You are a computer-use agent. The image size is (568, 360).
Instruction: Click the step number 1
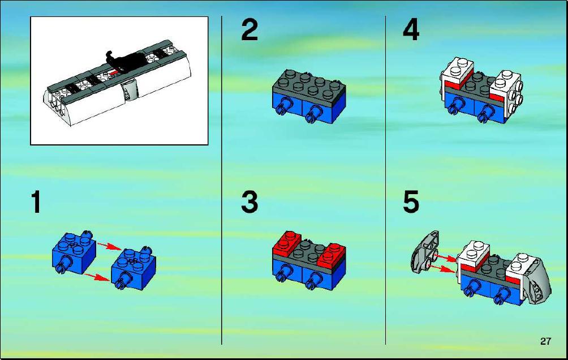pyautogui.click(x=36, y=202)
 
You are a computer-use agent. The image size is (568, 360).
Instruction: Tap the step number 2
pyautogui.click(x=249, y=30)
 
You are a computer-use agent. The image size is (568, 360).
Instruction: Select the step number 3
pyautogui.click(x=249, y=202)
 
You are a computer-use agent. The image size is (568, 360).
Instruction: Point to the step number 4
pyautogui.click(x=411, y=30)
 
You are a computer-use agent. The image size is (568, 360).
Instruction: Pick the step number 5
pyautogui.click(x=411, y=202)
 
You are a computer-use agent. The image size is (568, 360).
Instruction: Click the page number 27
pyautogui.click(x=545, y=341)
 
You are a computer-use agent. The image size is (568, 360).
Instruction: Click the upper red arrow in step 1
pyautogui.click(x=109, y=246)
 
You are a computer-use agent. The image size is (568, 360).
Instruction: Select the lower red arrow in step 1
pyautogui.click(x=97, y=277)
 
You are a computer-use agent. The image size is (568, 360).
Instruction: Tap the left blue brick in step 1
pyautogui.click(x=74, y=252)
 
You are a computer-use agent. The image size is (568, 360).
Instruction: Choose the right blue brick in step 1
pyautogui.click(x=134, y=268)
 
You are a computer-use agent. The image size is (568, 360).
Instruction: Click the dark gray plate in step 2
pyautogui.click(x=309, y=85)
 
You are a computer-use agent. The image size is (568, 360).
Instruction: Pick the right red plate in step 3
pyautogui.click(x=332, y=255)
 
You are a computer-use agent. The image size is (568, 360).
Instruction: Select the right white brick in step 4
pyautogui.click(x=506, y=91)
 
